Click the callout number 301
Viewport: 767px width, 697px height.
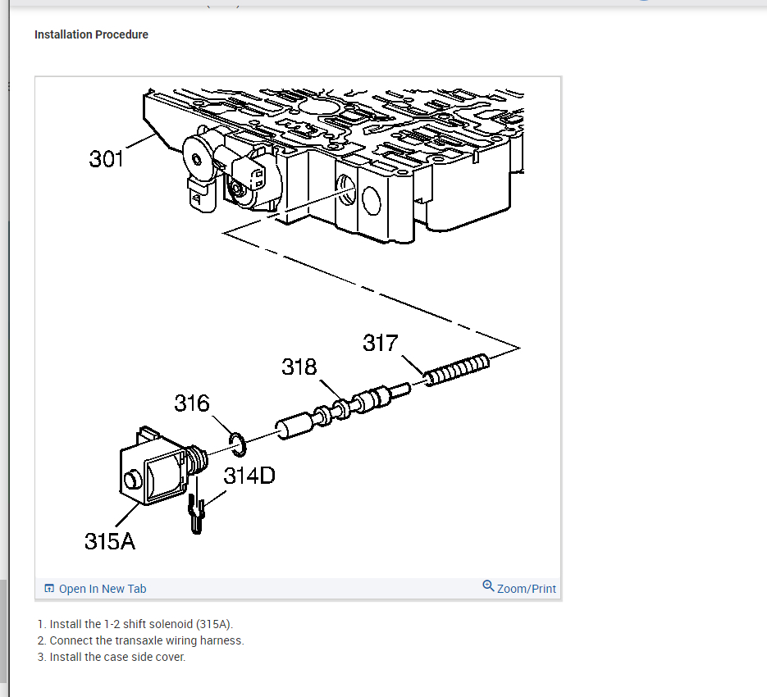[107, 158]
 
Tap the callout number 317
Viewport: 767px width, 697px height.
[381, 343]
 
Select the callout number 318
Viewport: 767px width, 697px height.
[299, 367]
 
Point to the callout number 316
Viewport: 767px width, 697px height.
[192, 403]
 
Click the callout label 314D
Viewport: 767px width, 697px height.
[249, 475]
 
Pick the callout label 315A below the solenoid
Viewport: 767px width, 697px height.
[110, 541]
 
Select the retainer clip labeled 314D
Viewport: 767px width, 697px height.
[196, 514]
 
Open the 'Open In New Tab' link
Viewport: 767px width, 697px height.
[103, 589]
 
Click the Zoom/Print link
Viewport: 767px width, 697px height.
[526, 589]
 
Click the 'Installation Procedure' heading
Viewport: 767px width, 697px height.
[91, 34]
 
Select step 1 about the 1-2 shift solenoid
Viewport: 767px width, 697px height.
[135, 624]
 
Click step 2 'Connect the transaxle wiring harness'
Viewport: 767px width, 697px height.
[140, 640]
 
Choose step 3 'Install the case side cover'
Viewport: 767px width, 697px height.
[112, 657]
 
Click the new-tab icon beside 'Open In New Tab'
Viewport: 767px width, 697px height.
[49, 589]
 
